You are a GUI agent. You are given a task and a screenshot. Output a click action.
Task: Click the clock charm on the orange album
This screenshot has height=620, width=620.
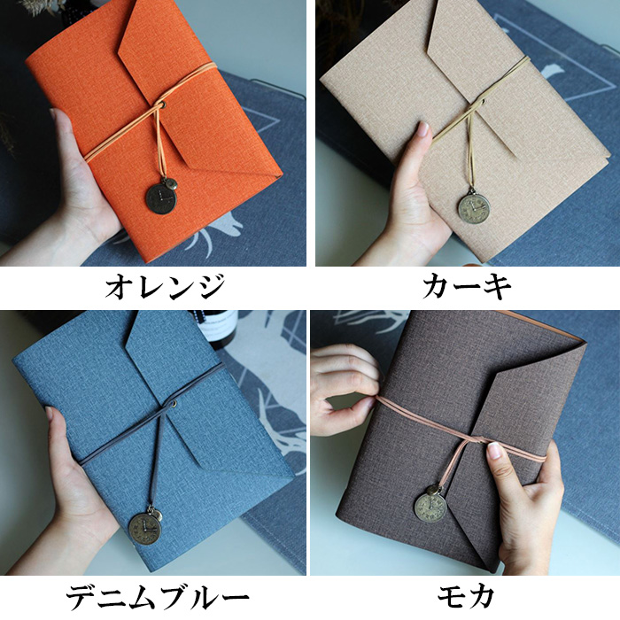161,199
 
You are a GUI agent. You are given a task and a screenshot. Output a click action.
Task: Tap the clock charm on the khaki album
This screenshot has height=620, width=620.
474,206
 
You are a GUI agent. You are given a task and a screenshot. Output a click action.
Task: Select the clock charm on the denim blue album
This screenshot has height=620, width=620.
144,529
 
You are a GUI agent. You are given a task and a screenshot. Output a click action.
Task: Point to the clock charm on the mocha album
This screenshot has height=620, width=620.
430,508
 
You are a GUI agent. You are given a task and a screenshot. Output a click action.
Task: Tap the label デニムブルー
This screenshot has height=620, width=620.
158,598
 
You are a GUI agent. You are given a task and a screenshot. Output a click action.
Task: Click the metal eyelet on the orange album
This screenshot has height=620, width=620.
163,105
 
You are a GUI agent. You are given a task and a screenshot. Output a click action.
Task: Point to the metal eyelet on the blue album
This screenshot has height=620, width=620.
174,403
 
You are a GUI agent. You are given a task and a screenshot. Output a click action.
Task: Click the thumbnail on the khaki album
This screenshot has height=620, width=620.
423,128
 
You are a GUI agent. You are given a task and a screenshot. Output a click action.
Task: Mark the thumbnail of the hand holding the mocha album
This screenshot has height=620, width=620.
494,450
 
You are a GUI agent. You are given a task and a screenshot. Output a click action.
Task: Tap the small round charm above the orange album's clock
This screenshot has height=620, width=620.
171,183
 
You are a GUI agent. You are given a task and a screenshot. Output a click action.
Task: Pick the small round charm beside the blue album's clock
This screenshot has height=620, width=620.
158,515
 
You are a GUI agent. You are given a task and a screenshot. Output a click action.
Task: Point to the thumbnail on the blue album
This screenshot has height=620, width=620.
49,414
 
